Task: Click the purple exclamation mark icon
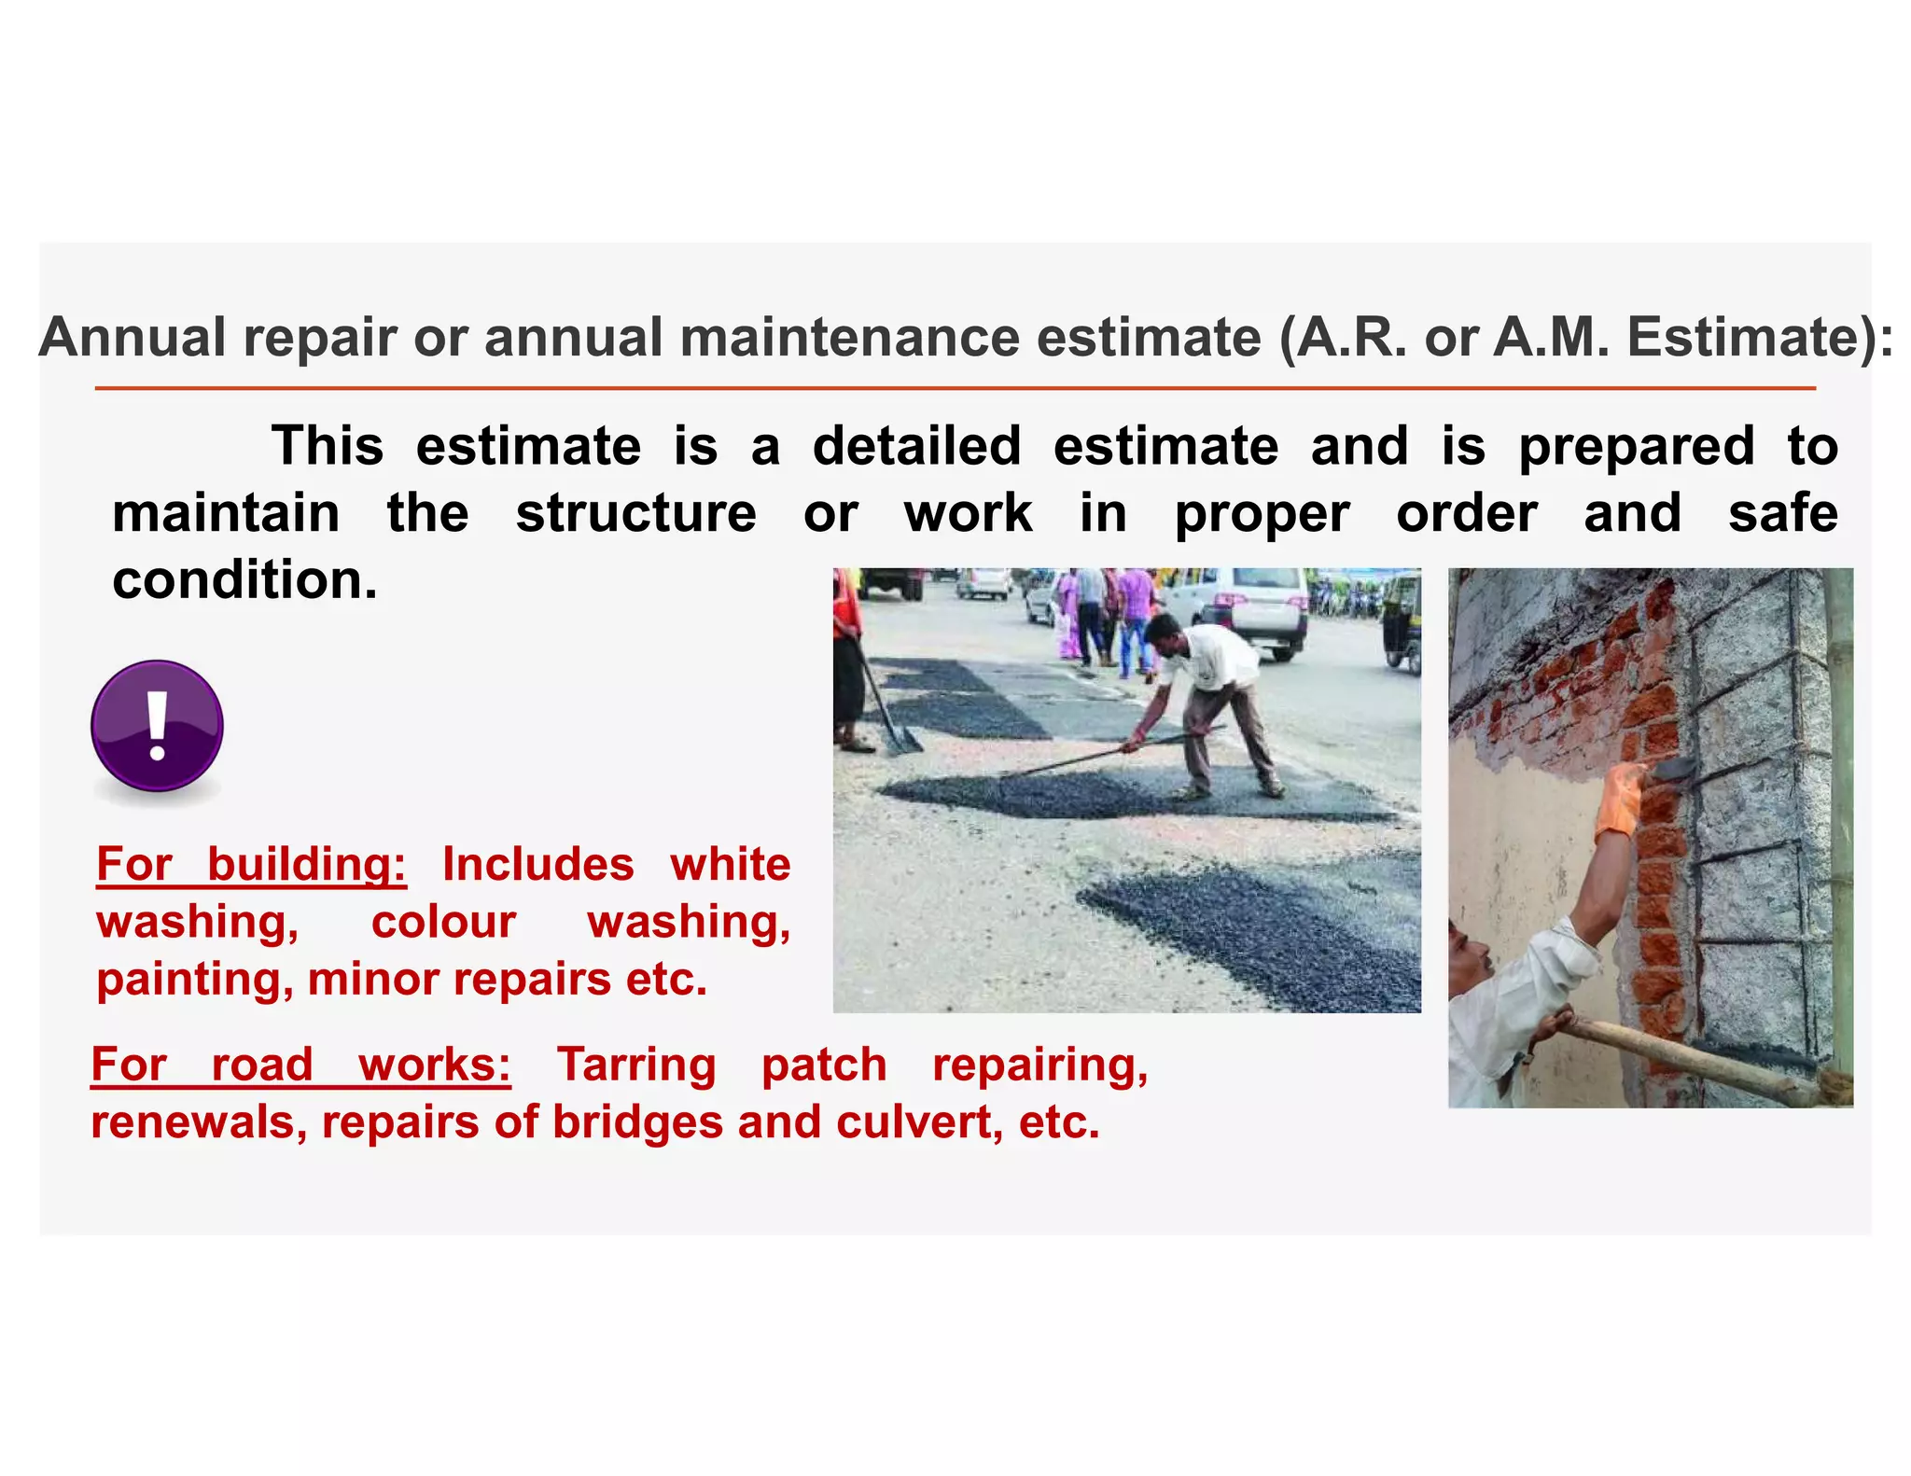coord(157,726)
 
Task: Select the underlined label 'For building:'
coord(251,864)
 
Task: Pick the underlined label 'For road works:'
coord(300,1065)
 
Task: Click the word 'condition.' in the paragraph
coord(244,580)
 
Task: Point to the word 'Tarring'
coord(636,1065)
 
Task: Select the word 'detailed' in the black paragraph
coord(916,446)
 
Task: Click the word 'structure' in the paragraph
coord(635,513)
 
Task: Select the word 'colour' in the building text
coord(443,923)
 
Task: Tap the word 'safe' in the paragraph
coord(1782,513)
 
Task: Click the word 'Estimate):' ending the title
coord(1760,337)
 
